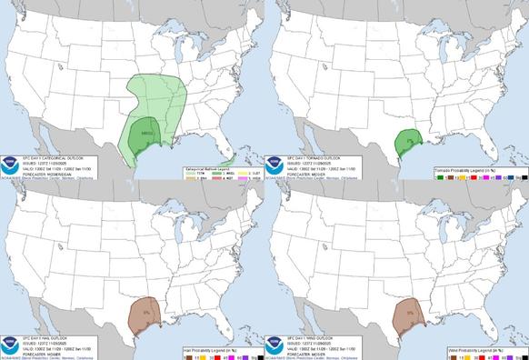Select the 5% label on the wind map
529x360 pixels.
pos(411,314)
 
